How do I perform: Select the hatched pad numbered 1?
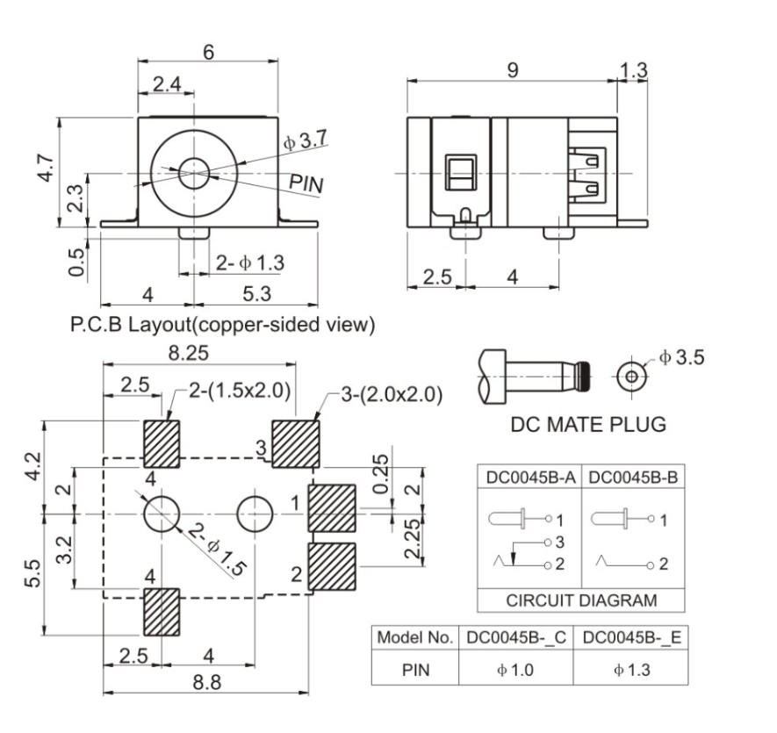point(333,507)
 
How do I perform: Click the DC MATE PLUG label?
point(587,425)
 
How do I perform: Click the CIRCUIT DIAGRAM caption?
point(582,600)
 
